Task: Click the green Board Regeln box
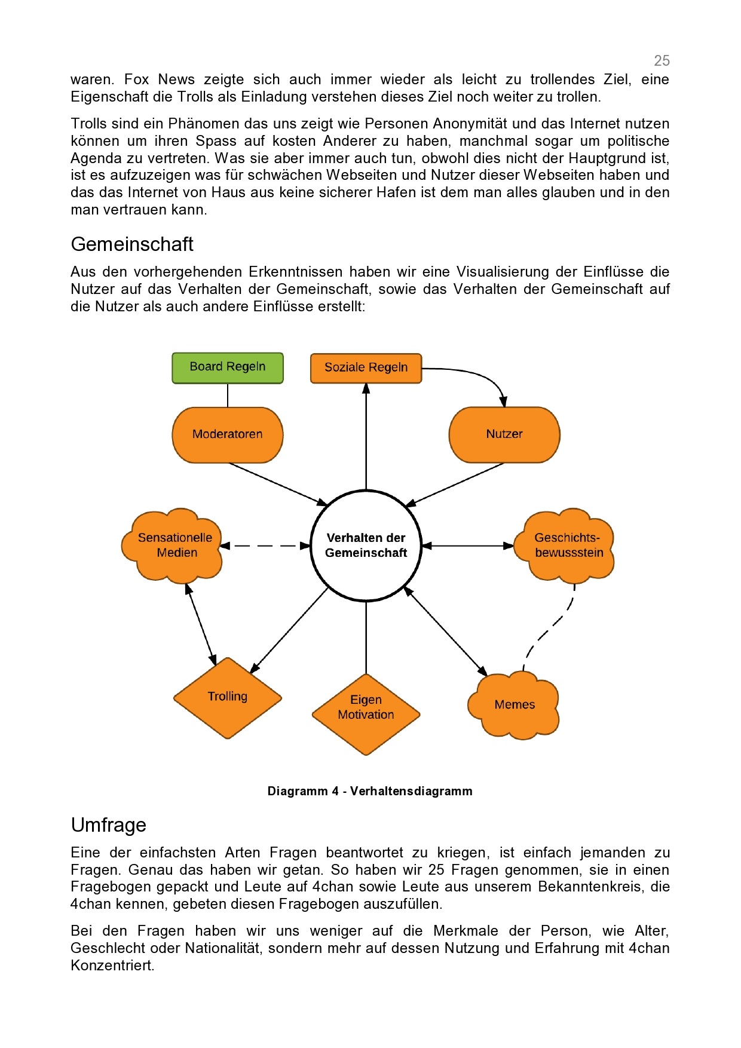(228, 367)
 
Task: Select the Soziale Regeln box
(366, 368)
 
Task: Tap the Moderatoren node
(228, 434)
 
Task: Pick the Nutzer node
(504, 434)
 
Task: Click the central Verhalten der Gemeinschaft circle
(366, 546)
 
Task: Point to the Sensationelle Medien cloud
(173, 546)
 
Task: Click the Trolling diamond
(228, 698)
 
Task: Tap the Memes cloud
(515, 705)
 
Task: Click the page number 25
(662, 61)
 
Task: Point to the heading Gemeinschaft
(132, 244)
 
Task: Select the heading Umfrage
(109, 825)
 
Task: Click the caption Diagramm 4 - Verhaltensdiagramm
(370, 791)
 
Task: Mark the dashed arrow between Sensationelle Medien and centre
(265, 546)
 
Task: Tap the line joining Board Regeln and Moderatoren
(228, 395)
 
